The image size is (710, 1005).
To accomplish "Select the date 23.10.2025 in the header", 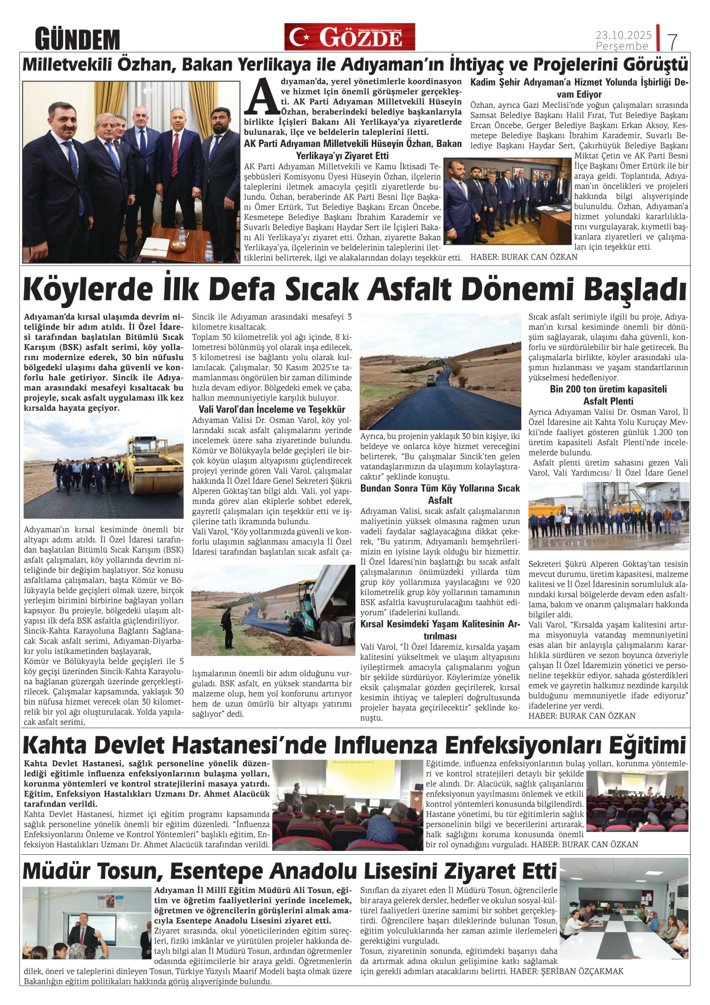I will (623, 34).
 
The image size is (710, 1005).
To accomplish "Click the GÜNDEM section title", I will (77, 39).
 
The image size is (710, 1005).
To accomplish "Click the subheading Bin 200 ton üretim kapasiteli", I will (608, 389).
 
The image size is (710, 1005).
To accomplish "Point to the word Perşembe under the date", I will (622, 46).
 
